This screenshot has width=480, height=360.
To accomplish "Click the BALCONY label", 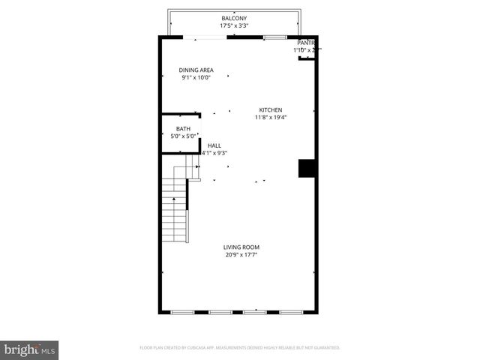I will [234, 18].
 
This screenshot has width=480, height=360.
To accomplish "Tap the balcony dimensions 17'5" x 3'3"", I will [234, 25].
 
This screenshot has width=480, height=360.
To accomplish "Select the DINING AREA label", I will [196, 70].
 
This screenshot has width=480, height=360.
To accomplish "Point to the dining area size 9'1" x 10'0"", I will [196, 77].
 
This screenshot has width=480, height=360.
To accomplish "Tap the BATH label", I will [183, 129].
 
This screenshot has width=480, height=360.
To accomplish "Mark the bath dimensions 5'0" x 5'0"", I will [183, 136].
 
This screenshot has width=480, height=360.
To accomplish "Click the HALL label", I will [214, 145].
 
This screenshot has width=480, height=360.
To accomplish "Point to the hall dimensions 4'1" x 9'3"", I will [214, 153].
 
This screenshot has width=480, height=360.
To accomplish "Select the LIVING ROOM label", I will [241, 247].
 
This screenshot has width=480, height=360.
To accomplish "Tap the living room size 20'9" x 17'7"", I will [241, 254].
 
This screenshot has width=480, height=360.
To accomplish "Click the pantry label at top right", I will [306, 43].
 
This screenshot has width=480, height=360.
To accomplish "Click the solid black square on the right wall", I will [306, 168].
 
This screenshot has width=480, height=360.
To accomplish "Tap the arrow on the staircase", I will [174, 199].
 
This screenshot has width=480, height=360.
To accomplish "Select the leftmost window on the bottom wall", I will [182, 311].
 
